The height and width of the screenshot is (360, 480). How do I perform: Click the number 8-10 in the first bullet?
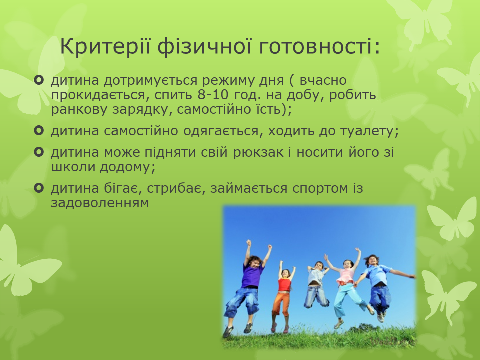coord(213,95)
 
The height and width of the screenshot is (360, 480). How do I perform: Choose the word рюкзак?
coord(259,153)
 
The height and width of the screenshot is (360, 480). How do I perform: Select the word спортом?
coord(320,189)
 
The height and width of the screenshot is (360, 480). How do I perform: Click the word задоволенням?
coord(100,203)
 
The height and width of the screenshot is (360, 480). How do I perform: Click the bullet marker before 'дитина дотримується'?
coord(39,80)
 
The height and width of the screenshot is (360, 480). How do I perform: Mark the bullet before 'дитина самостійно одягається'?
coord(39,131)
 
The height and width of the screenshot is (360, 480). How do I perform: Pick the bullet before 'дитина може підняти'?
coord(39,152)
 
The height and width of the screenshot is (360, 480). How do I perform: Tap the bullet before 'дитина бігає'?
coord(39,188)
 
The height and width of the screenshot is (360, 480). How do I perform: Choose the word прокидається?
coord(100,95)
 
